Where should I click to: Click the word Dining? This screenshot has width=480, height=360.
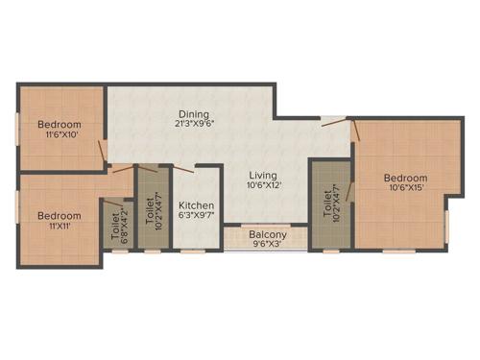(x=194, y=113)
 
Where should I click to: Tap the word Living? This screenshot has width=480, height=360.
(x=262, y=176)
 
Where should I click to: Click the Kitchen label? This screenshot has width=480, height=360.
(x=196, y=205)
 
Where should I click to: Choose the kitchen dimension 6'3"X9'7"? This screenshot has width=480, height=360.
(x=196, y=217)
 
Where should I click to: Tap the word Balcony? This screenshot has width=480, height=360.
(x=268, y=233)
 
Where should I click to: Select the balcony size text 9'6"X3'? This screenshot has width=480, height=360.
(x=268, y=244)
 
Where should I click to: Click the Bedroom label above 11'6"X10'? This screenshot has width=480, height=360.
(x=59, y=125)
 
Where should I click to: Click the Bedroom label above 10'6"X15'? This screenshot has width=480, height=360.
(x=404, y=178)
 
